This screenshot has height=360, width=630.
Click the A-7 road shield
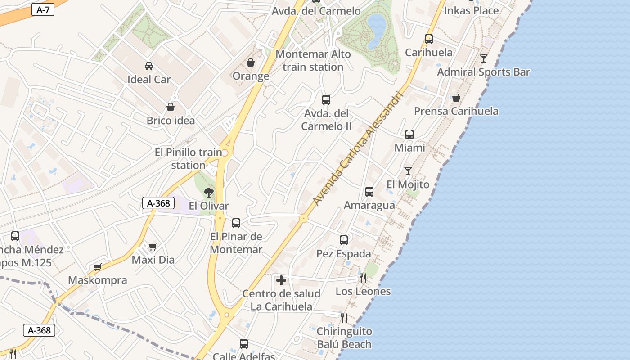click(43, 10)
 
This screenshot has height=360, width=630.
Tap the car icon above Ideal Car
click(149, 66)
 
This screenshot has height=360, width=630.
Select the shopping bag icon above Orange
click(251, 63)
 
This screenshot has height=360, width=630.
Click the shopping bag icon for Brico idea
click(171, 107)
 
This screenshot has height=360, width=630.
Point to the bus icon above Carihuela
click(429, 39)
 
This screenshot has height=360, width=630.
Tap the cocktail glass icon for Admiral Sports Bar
click(484, 58)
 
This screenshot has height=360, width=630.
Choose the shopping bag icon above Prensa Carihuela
click(456, 98)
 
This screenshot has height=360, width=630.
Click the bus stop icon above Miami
click(409, 134)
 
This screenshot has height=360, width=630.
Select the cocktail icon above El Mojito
click(408, 171)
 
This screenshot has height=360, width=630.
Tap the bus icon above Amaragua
click(369, 192)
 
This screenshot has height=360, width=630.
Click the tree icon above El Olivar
click(208, 193)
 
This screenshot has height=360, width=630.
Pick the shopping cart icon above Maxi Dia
click(153, 247)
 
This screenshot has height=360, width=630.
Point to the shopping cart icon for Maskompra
click(98, 267)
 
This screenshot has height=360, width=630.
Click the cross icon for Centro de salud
click(281, 281)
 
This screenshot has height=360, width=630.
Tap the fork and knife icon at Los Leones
click(363, 278)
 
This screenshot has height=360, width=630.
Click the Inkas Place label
click(471, 10)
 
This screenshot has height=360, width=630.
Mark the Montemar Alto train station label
click(313, 60)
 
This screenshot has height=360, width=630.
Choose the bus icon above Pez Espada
click(344, 240)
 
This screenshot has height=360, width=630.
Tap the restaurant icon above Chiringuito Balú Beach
click(344, 318)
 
